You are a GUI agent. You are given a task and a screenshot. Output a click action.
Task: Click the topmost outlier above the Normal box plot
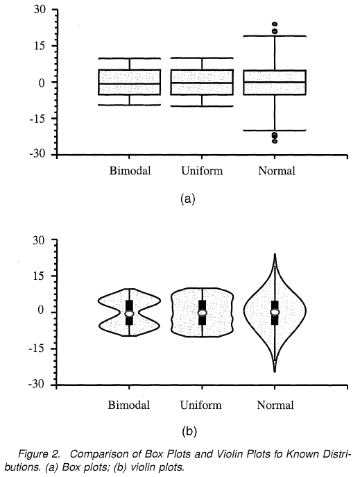click(275, 24)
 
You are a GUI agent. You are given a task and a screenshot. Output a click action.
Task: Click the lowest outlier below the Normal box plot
click(275, 141)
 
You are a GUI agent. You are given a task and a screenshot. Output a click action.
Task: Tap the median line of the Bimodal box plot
click(130, 83)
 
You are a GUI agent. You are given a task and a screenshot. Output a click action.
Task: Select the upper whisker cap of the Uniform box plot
click(202, 58)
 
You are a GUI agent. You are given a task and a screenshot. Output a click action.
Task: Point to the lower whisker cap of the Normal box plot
click(275, 131)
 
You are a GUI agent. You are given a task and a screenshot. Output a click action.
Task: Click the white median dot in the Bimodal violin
click(130, 314)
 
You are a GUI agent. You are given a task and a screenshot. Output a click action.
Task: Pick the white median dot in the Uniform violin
click(203, 312)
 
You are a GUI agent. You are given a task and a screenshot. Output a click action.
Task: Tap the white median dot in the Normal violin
click(275, 312)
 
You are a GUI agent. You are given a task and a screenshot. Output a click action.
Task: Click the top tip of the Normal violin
click(275, 253)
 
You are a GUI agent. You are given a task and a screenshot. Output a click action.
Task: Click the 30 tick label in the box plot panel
click(39, 10)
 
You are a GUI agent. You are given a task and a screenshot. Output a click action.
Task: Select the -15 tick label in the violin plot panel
click(37, 349)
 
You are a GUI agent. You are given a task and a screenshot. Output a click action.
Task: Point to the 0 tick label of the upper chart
click(42, 83)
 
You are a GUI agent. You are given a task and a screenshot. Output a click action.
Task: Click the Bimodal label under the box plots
click(130, 171)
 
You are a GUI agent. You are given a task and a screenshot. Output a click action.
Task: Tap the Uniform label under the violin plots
click(201, 405)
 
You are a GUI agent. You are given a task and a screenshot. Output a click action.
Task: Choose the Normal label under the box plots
click(277, 171)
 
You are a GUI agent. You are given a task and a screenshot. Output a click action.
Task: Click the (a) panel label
click(188, 199)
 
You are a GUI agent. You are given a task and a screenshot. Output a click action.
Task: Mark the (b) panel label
click(189, 432)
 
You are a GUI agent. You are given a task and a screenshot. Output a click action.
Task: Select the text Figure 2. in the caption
click(39, 455)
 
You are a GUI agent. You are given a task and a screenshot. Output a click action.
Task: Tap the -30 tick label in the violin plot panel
click(37, 384)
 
